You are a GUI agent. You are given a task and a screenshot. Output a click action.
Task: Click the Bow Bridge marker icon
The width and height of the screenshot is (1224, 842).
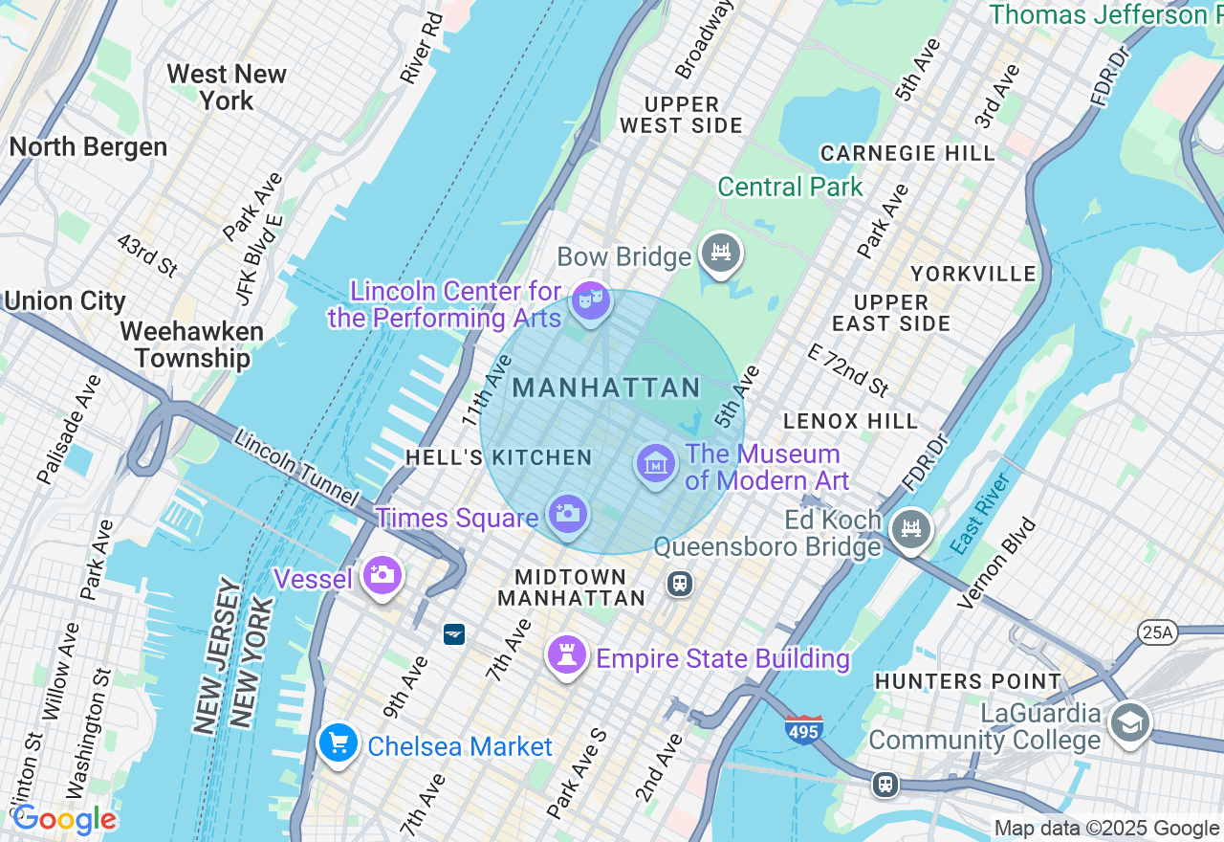coord(721,254)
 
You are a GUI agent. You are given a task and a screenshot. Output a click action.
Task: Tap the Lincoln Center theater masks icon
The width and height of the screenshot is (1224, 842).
coord(590,301)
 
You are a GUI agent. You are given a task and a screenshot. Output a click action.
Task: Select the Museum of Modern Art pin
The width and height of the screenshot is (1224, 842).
coord(656,465)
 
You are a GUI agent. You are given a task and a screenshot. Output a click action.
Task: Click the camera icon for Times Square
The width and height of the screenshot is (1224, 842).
coord(568,514)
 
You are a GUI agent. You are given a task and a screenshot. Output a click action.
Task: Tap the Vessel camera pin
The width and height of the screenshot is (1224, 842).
coord(382,575)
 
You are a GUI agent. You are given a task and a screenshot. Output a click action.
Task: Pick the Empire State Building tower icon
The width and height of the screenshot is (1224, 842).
coord(567,655)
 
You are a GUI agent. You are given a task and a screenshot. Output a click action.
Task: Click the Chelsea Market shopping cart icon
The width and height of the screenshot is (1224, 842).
coord(338,743)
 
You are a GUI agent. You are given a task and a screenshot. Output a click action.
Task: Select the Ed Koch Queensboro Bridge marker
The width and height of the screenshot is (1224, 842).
coord(910,529)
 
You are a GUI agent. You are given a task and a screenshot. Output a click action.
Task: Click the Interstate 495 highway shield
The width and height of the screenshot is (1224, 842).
coord(804,729)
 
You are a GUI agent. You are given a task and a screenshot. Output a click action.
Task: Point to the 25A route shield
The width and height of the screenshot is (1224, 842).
coord(1155,632)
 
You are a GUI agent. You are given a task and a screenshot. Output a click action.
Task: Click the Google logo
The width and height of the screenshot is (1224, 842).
coord(64,820)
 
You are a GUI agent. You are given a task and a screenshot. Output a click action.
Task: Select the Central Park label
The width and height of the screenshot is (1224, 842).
coord(790,187)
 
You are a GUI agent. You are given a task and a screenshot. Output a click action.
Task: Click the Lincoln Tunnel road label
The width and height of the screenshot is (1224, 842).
coord(296,470)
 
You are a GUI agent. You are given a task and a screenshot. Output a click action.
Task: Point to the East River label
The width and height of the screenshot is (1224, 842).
coord(980,513)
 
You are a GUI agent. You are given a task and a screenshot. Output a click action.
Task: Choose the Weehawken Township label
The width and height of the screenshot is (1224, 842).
coord(191,345)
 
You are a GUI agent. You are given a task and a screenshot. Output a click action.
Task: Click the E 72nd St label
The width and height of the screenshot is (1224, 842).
coord(847,369)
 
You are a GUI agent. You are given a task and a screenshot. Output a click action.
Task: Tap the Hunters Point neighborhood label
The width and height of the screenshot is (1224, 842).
coord(968,682)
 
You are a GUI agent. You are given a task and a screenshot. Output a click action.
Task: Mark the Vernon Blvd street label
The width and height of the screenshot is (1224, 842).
coord(996,564)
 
